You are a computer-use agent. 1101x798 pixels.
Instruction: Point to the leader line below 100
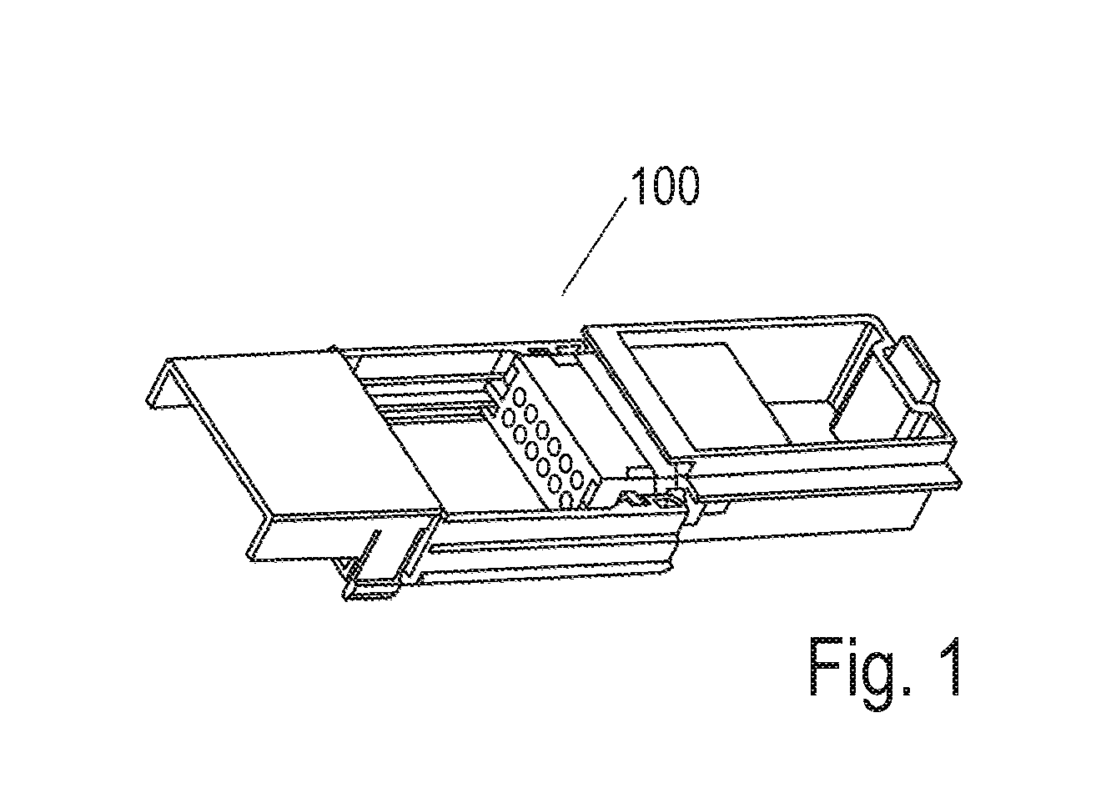coord(594,247)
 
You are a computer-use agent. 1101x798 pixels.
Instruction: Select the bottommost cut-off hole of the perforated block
coord(566,500)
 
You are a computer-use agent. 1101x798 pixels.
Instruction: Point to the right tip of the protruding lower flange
coord(960,483)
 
